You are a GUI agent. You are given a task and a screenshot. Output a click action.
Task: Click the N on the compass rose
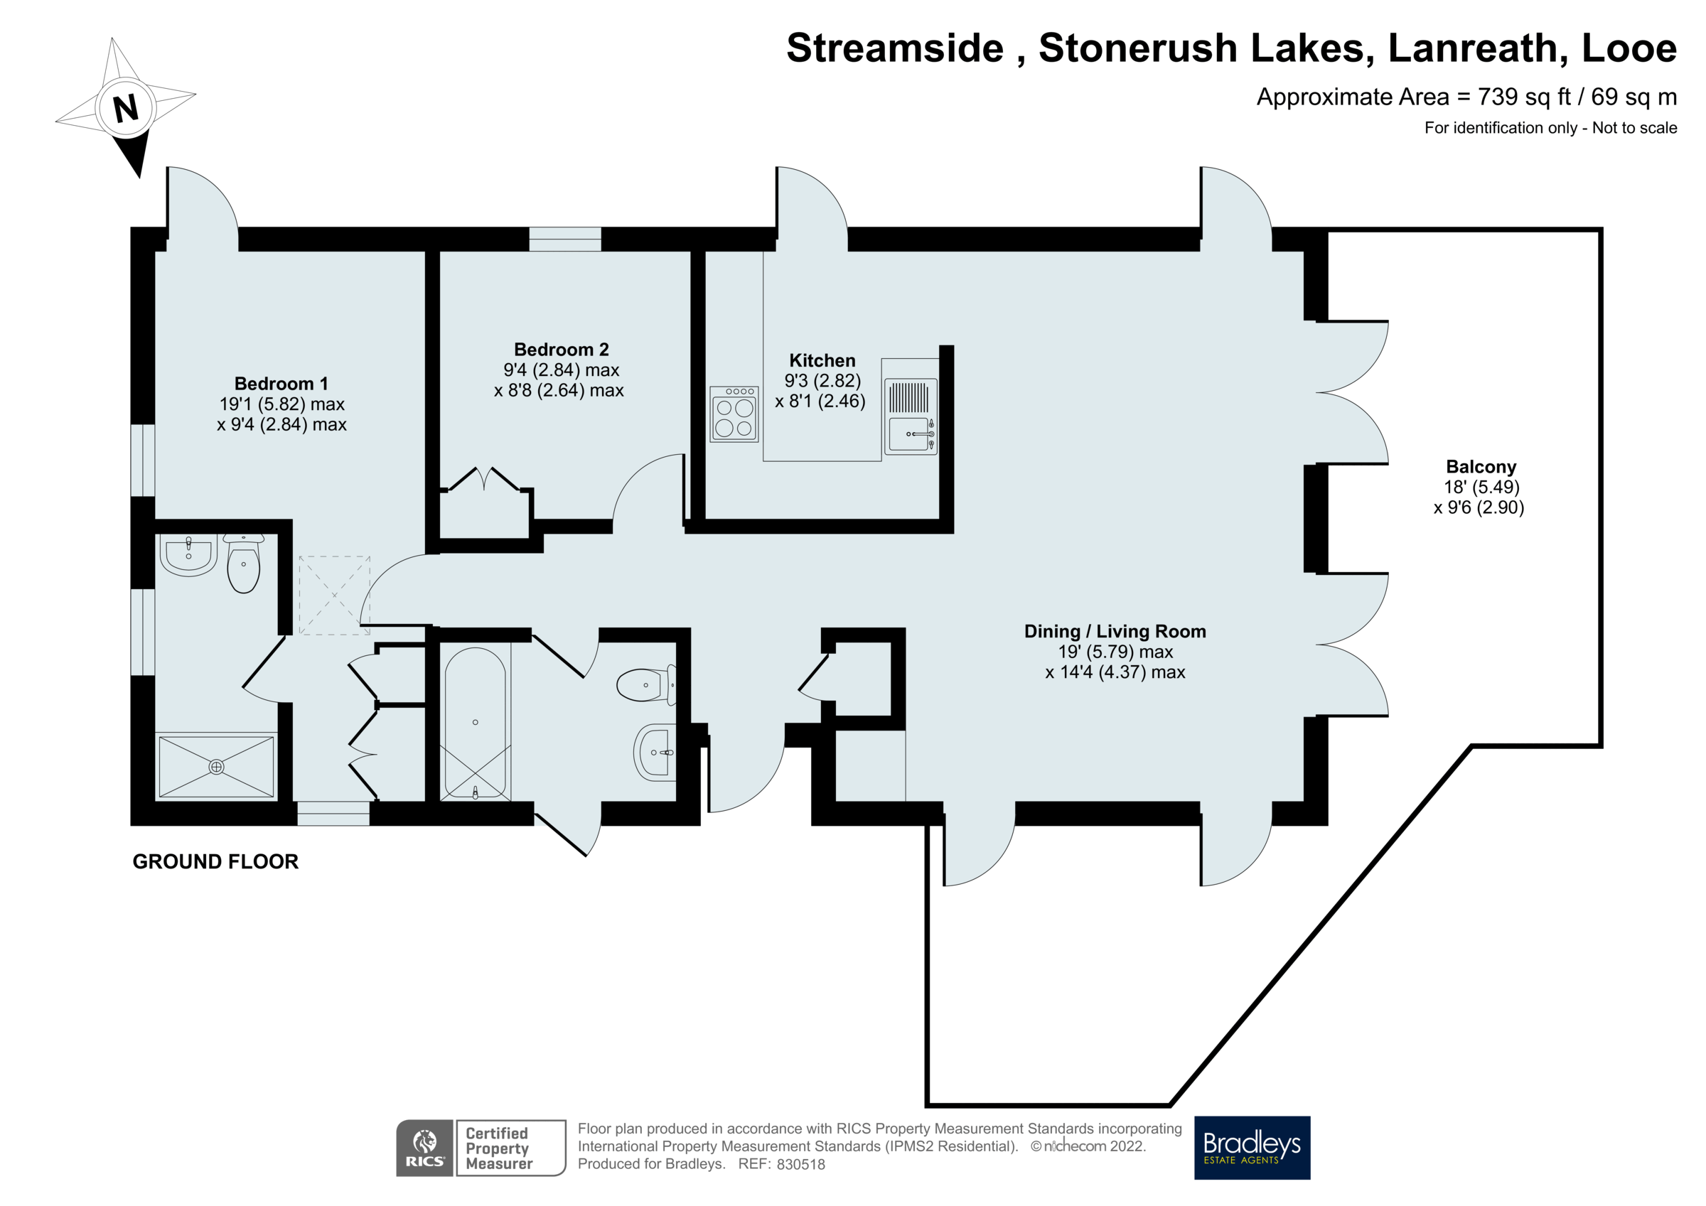(x=126, y=108)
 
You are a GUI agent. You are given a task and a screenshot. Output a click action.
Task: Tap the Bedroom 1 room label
(x=281, y=384)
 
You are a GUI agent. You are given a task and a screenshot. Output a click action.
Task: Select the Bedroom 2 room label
(x=561, y=350)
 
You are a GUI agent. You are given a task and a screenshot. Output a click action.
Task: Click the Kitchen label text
(x=822, y=361)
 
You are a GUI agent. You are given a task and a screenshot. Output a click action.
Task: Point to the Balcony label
(x=1480, y=468)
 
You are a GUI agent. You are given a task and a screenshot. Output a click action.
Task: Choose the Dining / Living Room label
(x=1115, y=632)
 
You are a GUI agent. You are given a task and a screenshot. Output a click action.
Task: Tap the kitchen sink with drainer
(x=910, y=417)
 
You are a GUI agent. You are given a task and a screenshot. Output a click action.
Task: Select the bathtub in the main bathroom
(x=476, y=723)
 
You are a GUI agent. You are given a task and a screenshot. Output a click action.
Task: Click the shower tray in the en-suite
(x=216, y=767)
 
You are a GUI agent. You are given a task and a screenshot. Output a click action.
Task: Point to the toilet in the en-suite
(x=243, y=565)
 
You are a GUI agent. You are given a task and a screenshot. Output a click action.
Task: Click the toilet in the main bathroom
(x=645, y=685)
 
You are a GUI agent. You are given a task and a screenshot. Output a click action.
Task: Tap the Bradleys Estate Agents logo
(x=1251, y=1147)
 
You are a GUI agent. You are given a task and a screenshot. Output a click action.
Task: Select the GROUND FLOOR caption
(x=215, y=862)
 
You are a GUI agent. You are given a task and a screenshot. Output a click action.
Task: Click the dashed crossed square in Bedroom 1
(x=334, y=596)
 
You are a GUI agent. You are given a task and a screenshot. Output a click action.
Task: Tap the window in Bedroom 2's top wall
(x=564, y=239)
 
